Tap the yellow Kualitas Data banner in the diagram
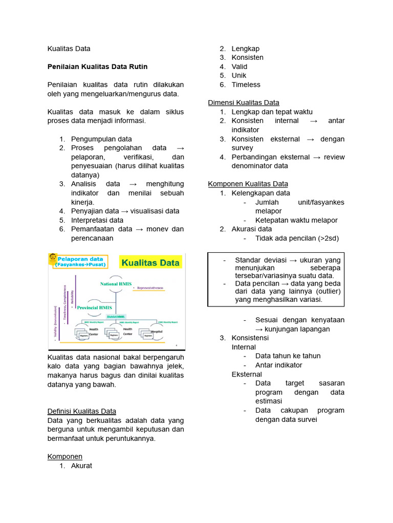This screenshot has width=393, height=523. point(150,263)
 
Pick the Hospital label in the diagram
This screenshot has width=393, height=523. point(158,331)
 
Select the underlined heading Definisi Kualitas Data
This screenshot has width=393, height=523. point(82,411)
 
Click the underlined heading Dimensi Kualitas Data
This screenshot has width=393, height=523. point(244,103)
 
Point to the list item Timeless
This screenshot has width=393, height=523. point(246,85)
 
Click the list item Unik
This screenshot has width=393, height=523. point(239,76)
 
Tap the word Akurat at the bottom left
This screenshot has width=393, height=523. point(82,465)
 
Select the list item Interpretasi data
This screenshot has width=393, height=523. point(97,220)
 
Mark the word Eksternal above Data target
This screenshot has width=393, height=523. point(247,374)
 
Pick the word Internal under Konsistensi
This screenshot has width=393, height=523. point(244,347)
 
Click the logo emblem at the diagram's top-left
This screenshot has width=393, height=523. point(53,259)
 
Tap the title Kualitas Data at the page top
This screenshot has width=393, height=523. point(69,49)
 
